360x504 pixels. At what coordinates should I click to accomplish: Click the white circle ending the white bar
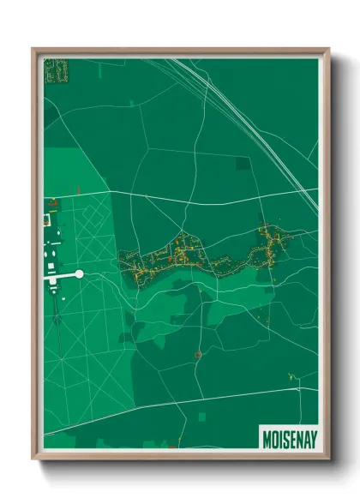click(x=80, y=273)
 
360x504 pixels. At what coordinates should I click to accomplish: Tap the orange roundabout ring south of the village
click(x=197, y=353)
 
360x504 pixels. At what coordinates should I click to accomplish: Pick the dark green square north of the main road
click(x=243, y=162)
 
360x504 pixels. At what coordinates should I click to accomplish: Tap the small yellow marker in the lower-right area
click(x=291, y=375)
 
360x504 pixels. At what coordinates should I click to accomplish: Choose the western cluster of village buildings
click(x=159, y=259)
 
